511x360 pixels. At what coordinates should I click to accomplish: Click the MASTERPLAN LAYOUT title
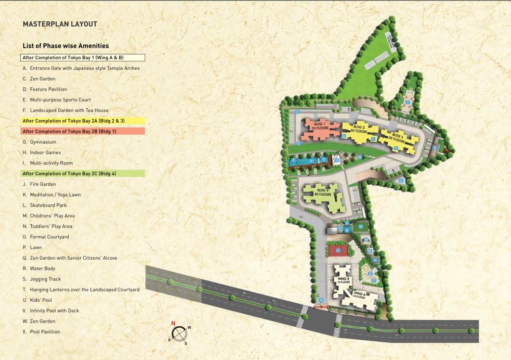coord(60,24)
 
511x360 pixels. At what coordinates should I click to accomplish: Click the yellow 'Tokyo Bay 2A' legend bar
coord(83,121)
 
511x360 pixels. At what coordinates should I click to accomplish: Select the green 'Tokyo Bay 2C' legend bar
coord(83,173)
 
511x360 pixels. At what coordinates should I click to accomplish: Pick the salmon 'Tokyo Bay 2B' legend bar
coord(83,131)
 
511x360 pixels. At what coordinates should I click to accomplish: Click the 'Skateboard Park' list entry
coord(45,205)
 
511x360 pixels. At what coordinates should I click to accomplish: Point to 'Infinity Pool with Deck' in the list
coord(51,311)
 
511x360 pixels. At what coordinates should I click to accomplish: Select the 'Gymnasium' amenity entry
coord(40,142)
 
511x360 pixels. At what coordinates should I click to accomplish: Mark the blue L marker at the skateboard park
coord(401,180)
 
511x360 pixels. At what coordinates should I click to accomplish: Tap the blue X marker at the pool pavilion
coord(336,161)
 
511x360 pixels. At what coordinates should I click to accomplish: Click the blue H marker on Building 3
coord(396,148)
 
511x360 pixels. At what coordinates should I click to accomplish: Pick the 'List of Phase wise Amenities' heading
coord(65,46)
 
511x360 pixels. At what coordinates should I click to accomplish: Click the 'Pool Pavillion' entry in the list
coord(41,332)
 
